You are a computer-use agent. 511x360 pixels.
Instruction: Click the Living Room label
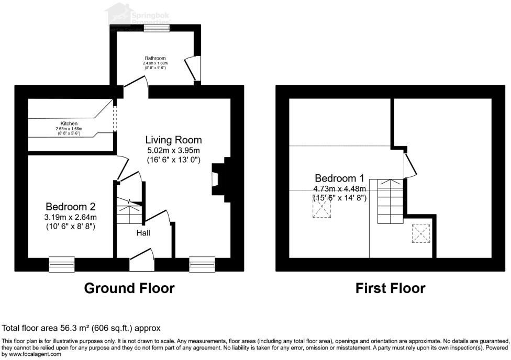click(173, 140)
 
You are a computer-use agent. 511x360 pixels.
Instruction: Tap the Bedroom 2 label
click(71, 206)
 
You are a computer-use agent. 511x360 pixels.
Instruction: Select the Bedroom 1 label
click(339, 178)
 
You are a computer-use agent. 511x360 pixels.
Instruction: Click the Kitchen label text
click(69, 123)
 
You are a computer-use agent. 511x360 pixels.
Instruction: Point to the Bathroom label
click(155, 58)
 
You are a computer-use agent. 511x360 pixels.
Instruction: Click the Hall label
click(143, 232)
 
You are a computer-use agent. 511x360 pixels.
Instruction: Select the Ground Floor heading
click(129, 288)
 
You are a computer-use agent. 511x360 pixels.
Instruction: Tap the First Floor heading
click(390, 288)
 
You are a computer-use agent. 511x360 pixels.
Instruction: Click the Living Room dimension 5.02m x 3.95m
click(173, 150)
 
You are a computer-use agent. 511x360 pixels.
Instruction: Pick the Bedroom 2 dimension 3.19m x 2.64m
click(71, 217)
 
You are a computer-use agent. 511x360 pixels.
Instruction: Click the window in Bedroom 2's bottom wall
click(62, 264)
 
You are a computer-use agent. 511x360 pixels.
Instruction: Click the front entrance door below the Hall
click(141, 260)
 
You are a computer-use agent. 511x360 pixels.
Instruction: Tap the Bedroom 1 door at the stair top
click(411, 165)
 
